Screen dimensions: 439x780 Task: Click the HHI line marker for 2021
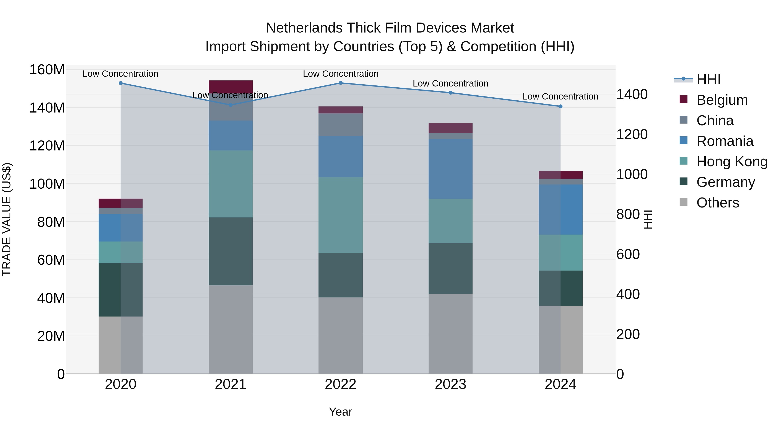tap(231, 105)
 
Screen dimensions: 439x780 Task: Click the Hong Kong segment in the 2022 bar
tap(340, 215)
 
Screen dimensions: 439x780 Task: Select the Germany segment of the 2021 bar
tap(231, 251)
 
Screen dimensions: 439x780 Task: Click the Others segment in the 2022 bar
tap(340, 335)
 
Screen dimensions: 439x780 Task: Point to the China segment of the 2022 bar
tap(340, 124)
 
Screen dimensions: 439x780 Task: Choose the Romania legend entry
tap(725, 141)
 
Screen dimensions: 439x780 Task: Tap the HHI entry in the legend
tap(708, 79)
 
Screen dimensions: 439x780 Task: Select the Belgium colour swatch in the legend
tap(683, 99)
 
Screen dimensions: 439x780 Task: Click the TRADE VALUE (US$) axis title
tap(7, 219)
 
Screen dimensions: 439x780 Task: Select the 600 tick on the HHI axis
tap(628, 254)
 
